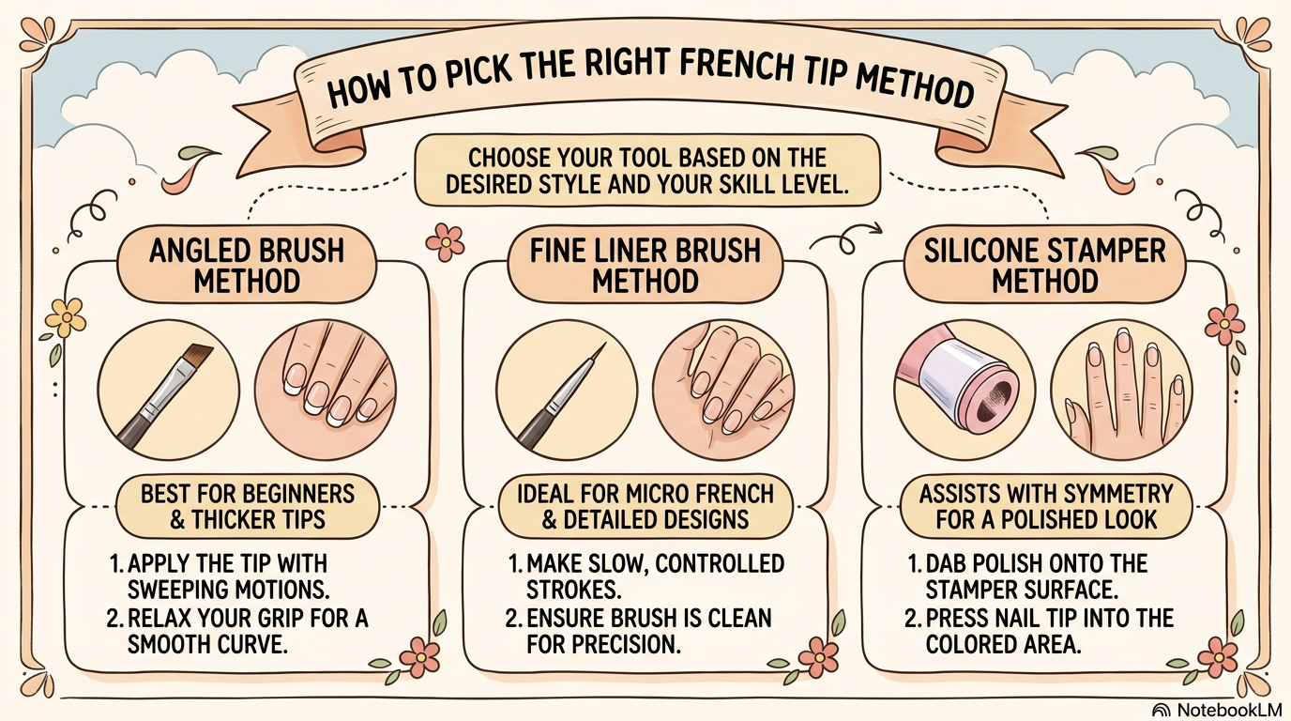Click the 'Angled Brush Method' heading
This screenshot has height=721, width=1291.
(248, 265)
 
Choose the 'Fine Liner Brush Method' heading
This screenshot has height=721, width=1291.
(645, 265)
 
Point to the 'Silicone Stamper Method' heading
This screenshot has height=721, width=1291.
(1044, 265)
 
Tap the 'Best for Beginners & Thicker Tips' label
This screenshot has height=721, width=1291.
(248, 506)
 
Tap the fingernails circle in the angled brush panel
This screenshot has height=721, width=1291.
(326, 391)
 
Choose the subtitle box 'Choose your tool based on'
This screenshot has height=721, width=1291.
(647, 170)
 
